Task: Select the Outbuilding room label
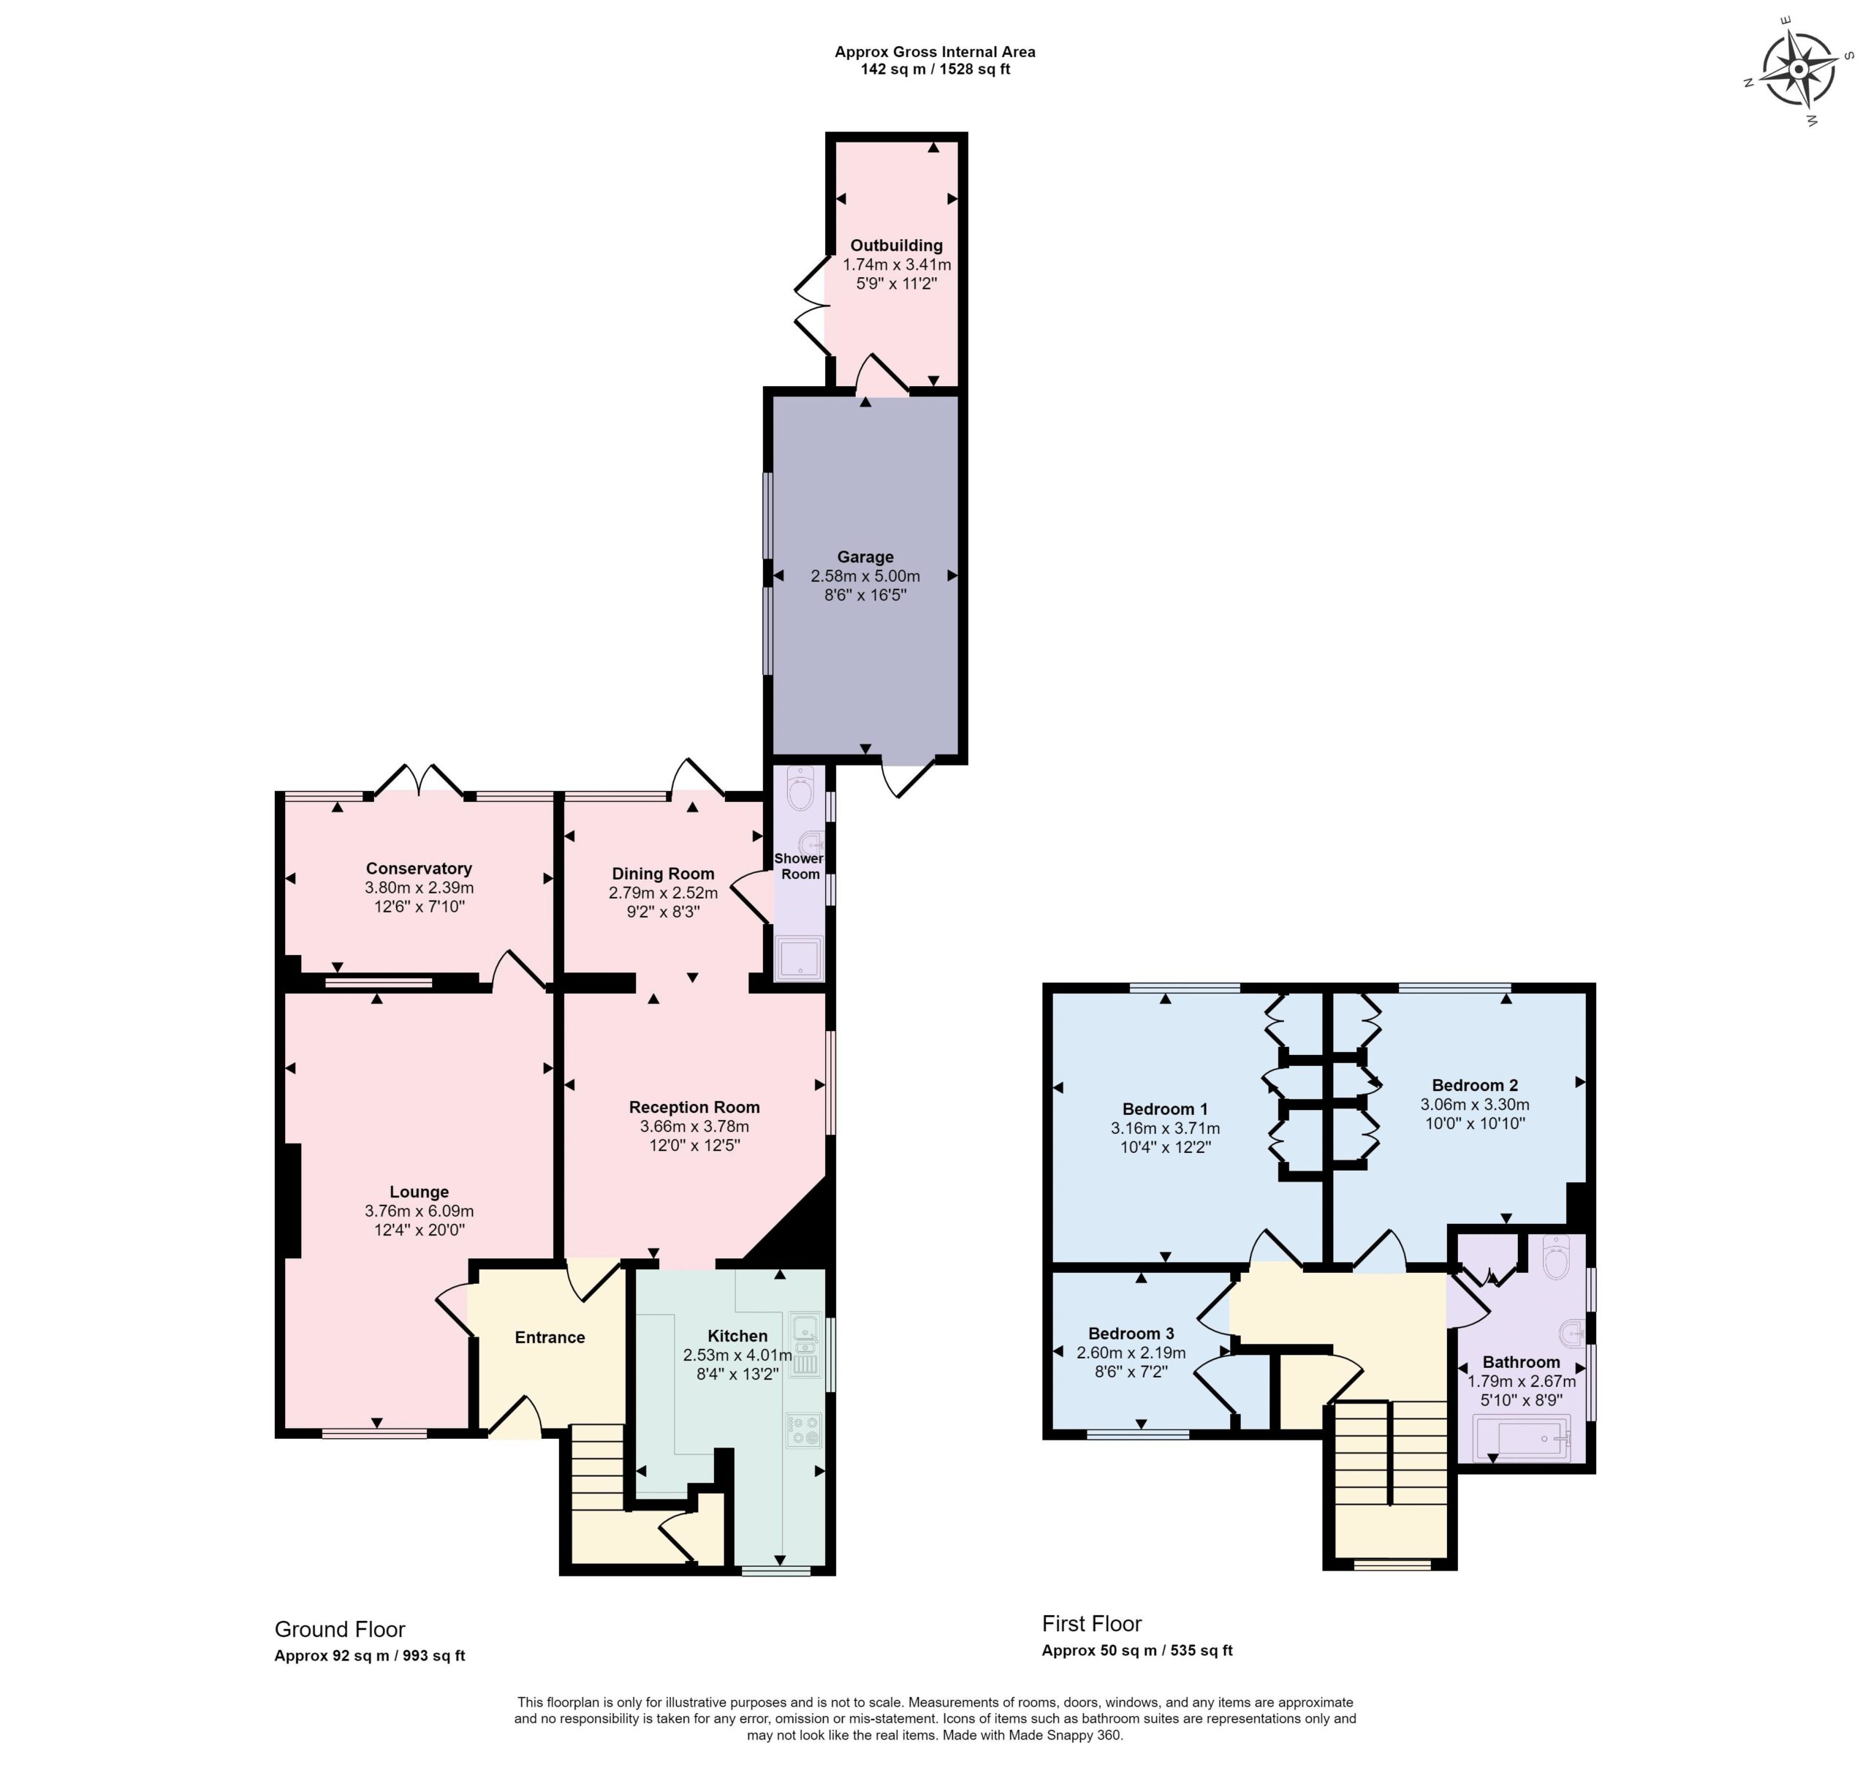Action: pos(896,246)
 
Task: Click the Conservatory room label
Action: pos(419,869)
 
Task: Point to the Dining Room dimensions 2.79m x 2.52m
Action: pos(663,893)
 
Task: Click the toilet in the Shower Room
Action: pos(800,789)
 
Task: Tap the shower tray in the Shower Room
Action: pos(798,959)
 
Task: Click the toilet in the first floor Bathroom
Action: pos(1557,1258)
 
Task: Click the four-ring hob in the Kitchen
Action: pos(804,1431)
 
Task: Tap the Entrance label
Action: pos(550,1337)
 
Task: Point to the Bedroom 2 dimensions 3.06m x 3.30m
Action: pos(1474,1105)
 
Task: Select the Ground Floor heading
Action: pos(340,1630)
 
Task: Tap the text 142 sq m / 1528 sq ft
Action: pos(935,69)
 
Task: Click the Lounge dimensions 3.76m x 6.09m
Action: pos(419,1212)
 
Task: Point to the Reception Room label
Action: pos(694,1108)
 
